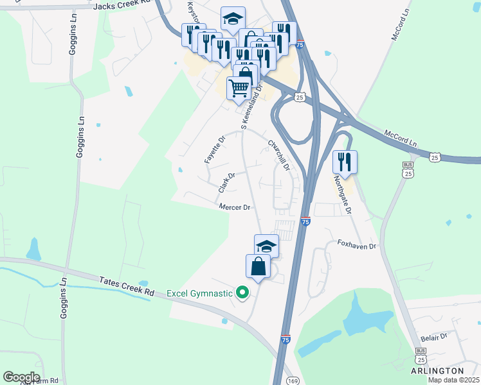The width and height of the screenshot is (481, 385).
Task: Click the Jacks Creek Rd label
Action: [x=122, y=6]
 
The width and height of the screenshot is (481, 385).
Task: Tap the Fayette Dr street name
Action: [x=214, y=150]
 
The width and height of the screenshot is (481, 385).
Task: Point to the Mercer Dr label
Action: [x=234, y=207]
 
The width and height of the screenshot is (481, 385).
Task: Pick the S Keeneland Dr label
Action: [x=252, y=106]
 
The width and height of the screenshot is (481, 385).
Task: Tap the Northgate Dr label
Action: [x=345, y=196]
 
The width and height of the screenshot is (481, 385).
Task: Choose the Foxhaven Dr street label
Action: [x=356, y=244]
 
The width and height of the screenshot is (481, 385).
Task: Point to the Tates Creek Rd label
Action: [x=128, y=286]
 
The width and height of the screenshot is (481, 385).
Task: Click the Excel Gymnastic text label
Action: [x=199, y=293]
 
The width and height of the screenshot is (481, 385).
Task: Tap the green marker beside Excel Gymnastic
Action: [x=242, y=293]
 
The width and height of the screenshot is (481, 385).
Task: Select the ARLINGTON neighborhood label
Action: [x=438, y=371]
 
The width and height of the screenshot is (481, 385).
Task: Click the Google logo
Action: [x=22, y=377]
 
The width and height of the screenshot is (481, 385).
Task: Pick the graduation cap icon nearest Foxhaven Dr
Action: [x=267, y=245]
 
